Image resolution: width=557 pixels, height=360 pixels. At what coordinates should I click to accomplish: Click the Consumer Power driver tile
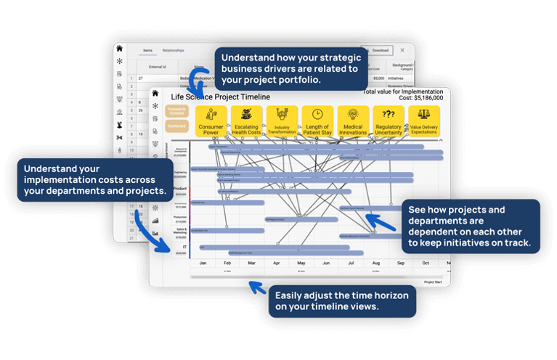[x=211, y=122]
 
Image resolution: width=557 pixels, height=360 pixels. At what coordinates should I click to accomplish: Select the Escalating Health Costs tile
[x=246, y=122]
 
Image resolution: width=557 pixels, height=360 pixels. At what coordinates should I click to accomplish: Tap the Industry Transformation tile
[x=282, y=122]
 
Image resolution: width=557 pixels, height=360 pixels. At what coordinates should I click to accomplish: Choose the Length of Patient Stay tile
[x=317, y=122]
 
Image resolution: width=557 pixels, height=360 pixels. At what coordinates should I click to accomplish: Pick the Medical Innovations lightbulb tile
[x=353, y=122]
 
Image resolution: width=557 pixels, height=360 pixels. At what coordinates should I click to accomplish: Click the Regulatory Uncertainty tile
[x=389, y=122]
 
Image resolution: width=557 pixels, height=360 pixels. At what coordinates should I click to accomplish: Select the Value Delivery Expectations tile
[x=423, y=122]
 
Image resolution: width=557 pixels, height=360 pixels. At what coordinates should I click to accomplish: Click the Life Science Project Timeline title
[x=220, y=97]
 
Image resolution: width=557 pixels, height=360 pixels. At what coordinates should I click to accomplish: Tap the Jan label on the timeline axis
[x=203, y=263]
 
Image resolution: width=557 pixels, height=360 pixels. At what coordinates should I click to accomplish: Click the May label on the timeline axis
[x=301, y=263]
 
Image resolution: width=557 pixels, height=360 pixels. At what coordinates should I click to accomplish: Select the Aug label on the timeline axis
[x=375, y=263]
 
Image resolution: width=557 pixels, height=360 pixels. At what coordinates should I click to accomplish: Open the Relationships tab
[x=173, y=51]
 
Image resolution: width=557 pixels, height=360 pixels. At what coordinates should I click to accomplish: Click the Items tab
[x=147, y=51]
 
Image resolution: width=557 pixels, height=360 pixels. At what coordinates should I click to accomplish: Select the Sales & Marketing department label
[x=180, y=231]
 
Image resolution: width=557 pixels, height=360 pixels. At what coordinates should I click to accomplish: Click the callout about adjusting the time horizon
[x=342, y=300]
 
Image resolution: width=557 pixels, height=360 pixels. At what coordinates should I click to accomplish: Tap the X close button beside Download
[x=402, y=50]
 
